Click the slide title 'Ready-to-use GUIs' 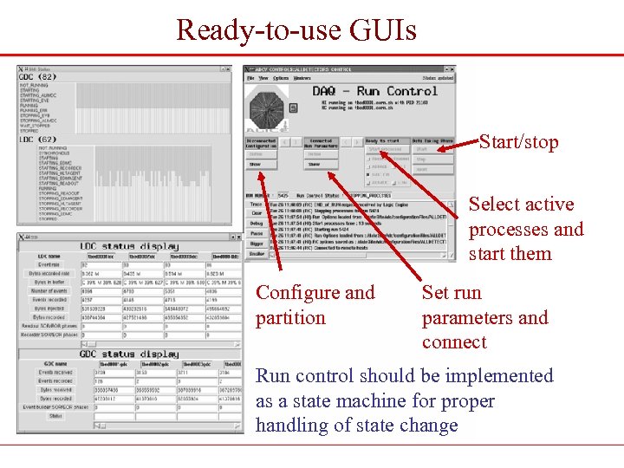click(x=296, y=29)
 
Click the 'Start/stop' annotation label click(x=518, y=142)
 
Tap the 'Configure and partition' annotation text click(x=315, y=305)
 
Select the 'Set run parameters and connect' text click(x=484, y=317)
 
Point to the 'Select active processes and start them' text click(x=526, y=229)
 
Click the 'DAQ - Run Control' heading click(x=375, y=90)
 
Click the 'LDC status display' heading click(x=129, y=247)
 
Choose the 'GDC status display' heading click(x=129, y=354)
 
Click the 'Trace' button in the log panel click(x=257, y=205)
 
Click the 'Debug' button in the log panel click(x=257, y=224)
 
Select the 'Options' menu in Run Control click(x=281, y=78)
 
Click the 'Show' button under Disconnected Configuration click(x=256, y=164)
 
